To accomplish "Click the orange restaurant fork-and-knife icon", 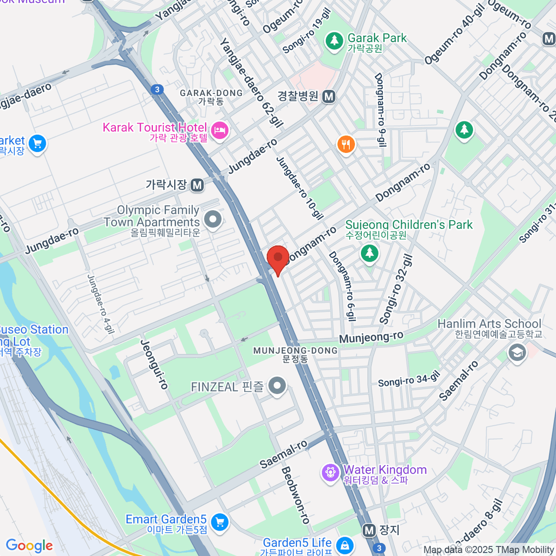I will [x=346, y=145].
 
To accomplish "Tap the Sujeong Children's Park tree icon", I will [x=369, y=253].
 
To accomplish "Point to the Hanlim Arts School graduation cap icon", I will [x=517, y=353].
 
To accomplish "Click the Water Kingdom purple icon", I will [x=330, y=473].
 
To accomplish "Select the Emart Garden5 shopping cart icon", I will [x=220, y=523].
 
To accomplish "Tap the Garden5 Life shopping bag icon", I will [x=345, y=545].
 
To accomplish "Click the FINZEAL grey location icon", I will [x=277, y=386].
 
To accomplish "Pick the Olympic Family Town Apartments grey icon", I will [x=213, y=219].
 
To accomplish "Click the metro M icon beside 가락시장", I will [x=197, y=185].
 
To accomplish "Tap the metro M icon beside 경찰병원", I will [x=329, y=96].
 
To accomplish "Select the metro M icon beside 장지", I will [x=369, y=530].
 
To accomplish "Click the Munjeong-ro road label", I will [x=371, y=337].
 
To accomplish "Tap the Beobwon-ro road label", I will [x=295, y=495].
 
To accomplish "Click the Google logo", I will [x=29, y=546].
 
